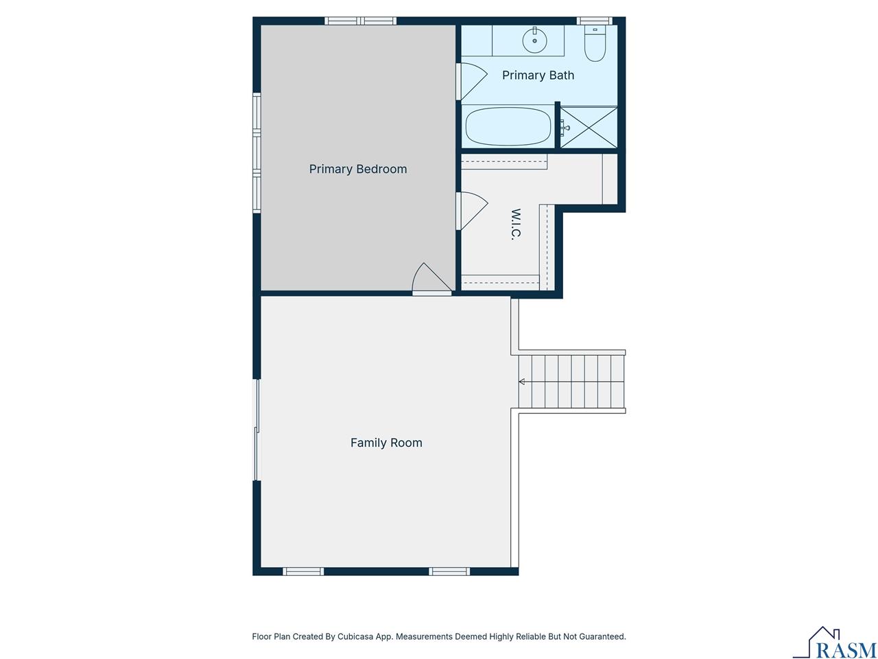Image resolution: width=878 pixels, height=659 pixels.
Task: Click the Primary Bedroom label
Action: click(x=357, y=169)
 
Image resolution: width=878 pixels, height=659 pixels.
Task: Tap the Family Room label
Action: click(x=386, y=443)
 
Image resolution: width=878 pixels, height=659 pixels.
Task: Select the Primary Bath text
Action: click(x=538, y=76)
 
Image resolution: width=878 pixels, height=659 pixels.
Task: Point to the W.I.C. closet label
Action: click(x=516, y=224)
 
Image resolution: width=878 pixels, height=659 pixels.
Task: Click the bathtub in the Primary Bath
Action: click(x=508, y=126)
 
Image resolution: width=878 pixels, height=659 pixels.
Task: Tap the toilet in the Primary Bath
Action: click(x=595, y=43)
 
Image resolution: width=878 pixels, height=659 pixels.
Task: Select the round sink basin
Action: click(x=534, y=41)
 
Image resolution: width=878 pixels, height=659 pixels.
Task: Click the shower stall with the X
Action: click(x=589, y=127)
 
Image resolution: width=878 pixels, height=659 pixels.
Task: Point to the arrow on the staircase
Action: click(x=522, y=382)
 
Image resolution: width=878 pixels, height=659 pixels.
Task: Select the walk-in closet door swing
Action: click(x=471, y=211)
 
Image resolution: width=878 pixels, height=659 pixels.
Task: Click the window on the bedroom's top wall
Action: click(x=360, y=21)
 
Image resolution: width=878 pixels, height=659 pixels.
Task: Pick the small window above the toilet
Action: click(x=593, y=21)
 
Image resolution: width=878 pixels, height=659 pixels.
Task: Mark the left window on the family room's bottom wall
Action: click(x=303, y=571)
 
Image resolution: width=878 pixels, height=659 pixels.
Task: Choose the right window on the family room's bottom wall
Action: click(x=450, y=571)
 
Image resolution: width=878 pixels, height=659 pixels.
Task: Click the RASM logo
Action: click(x=835, y=643)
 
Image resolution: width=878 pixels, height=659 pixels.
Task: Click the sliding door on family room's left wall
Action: click(x=257, y=430)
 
